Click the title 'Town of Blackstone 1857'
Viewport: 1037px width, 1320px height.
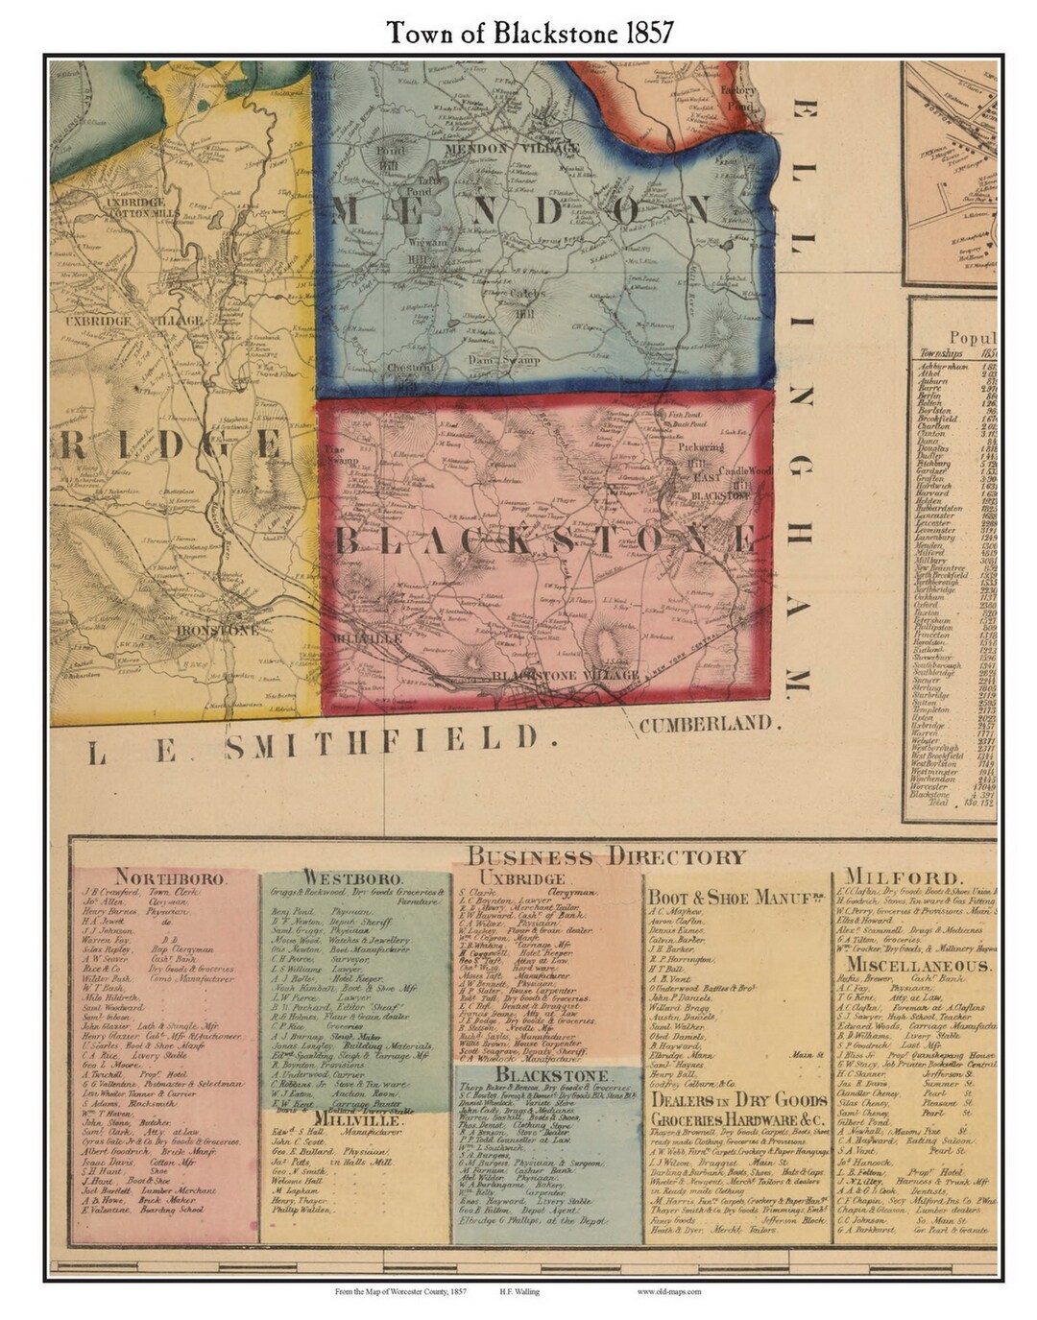click(529, 32)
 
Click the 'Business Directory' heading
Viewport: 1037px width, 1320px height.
click(606, 856)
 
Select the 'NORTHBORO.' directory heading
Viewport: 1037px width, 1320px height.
click(171, 877)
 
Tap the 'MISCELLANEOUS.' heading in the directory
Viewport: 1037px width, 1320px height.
click(917, 965)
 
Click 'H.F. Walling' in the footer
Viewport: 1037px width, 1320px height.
click(518, 1291)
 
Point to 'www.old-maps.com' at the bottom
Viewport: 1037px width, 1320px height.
click(668, 1291)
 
